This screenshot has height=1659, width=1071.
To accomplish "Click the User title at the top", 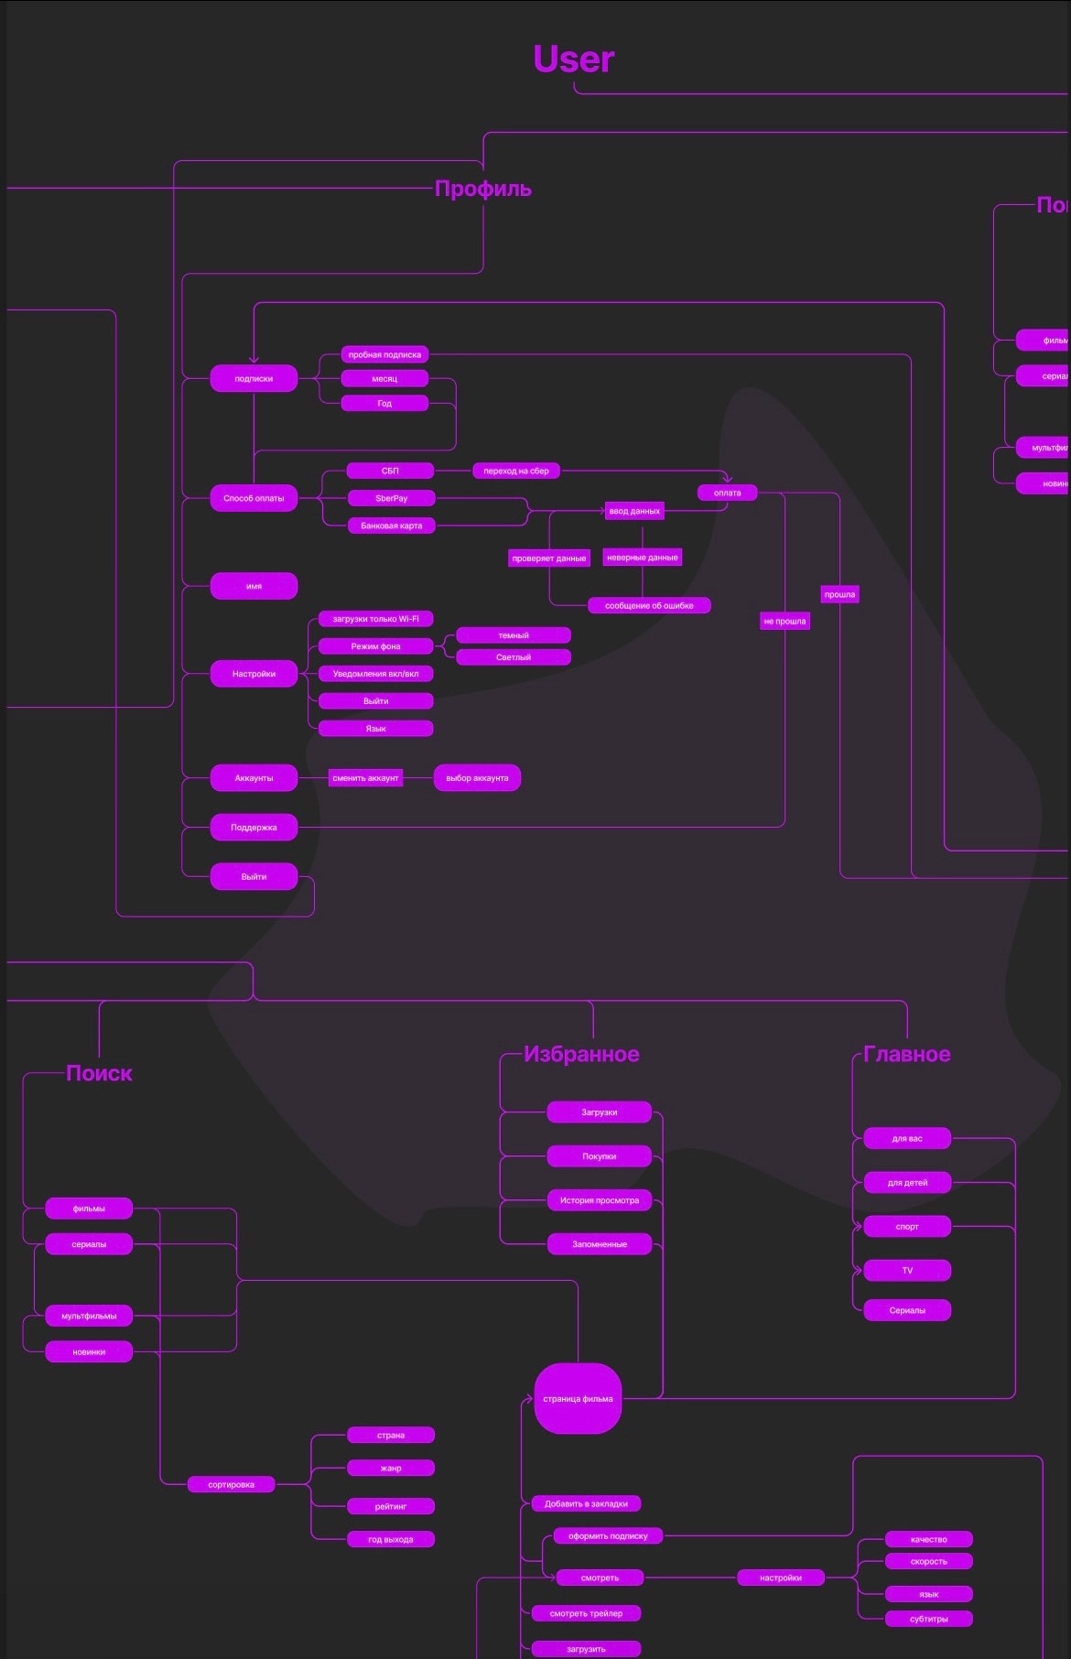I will (573, 59).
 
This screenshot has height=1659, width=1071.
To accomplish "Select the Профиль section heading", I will (482, 189).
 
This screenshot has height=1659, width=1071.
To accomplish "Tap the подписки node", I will (254, 378).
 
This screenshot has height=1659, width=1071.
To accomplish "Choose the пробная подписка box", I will (384, 354).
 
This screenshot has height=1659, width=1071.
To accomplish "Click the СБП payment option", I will (390, 471).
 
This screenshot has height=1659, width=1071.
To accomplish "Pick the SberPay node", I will (391, 498).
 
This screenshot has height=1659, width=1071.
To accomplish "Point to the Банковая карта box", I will (391, 526).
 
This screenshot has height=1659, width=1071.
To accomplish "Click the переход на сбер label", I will (516, 471).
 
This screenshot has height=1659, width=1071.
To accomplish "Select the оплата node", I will (727, 493).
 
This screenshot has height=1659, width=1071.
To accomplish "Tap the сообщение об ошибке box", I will (649, 605).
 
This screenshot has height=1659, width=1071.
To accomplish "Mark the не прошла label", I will (784, 621).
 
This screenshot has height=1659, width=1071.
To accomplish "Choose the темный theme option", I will (513, 635).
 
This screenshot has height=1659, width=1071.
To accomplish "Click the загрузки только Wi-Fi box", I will (375, 619).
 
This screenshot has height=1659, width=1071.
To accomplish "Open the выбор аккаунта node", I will (477, 778).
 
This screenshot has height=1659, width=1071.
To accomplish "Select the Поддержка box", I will (254, 828).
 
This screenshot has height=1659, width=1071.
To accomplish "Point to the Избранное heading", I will (581, 1055).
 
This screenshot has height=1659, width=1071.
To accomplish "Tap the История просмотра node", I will (600, 1200).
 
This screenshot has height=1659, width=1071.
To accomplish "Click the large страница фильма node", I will (578, 1399).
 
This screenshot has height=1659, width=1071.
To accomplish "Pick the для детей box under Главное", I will (907, 1183).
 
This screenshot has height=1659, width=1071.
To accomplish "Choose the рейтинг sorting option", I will (391, 1506).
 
